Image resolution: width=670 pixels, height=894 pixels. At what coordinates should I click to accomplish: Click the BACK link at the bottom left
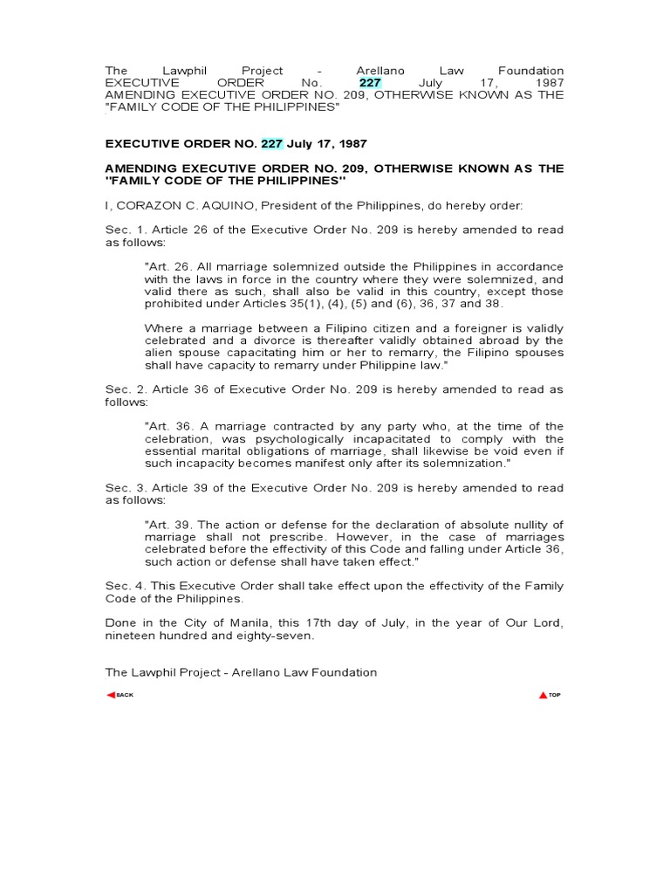(x=120, y=694)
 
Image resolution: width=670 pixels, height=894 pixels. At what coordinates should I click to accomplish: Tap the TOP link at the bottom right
(x=550, y=694)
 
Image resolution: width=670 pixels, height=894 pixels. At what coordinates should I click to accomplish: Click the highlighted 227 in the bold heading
(x=273, y=143)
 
